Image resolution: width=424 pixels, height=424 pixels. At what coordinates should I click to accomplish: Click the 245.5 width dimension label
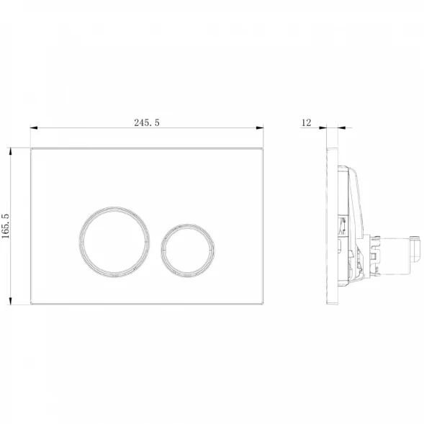point(147,123)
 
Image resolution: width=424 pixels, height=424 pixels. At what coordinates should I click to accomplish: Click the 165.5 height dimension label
point(6,226)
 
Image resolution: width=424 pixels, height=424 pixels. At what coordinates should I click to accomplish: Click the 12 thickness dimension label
point(306,123)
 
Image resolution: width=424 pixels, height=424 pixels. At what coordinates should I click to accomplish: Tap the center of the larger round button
point(114,242)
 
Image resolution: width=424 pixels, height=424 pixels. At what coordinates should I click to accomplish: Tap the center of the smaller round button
point(188,251)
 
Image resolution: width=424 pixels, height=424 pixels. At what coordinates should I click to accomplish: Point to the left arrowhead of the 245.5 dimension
point(34,127)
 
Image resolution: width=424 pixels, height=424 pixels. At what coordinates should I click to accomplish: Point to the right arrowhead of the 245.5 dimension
point(260,127)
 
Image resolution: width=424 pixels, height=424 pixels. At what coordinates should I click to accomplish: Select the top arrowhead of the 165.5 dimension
point(11,151)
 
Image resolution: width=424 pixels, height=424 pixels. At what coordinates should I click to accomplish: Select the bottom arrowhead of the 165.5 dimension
point(11,301)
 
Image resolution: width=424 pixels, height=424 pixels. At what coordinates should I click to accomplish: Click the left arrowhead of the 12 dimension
point(323,127)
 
